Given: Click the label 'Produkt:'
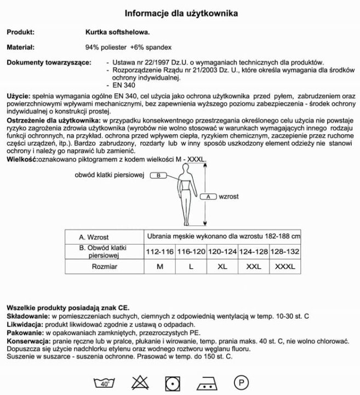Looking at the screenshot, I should point(20,32).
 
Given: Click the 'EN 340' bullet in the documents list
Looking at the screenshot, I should point(123,86).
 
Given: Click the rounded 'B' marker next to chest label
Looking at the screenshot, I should point(157,176).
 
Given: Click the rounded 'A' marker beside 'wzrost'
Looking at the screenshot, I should point(208,195).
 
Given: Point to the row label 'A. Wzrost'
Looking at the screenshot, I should point(93,237).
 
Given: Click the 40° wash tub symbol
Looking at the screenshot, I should point(104,382).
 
